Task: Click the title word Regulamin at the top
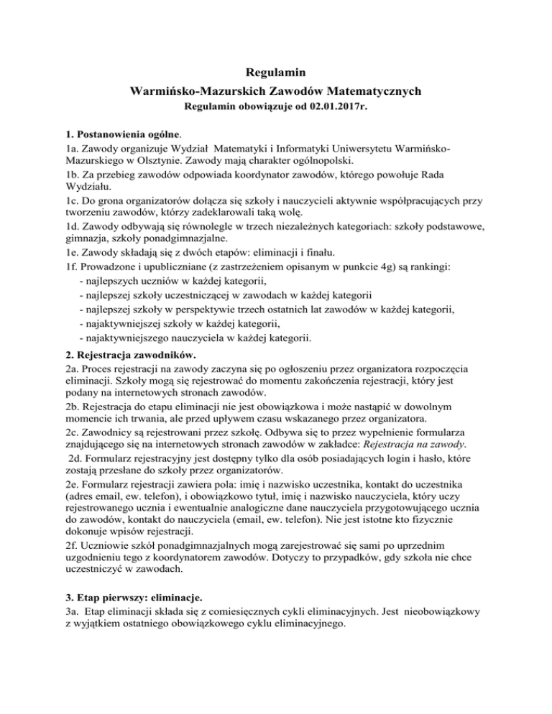coord(276,73)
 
